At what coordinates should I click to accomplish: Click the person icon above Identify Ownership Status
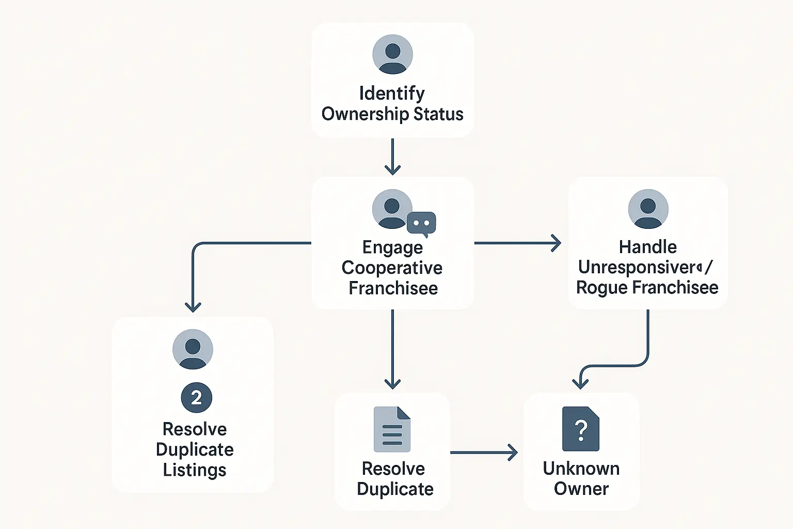click(392, 54)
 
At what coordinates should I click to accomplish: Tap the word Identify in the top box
click(392, 94)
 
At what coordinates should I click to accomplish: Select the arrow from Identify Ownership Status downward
click(392, 157)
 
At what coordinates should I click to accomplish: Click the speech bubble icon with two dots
click(421, 223)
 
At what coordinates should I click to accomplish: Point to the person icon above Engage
click(392, 209)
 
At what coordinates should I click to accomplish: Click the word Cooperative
click(392, 268)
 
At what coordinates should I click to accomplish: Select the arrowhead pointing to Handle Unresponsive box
click(556, 243)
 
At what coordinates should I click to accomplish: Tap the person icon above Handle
click(648, 209)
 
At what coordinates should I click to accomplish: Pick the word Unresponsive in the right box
click(637, 267)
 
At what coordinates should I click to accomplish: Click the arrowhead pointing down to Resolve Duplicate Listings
click(193, 306)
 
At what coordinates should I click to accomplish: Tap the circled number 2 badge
click(196, 398)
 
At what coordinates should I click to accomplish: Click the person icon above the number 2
click(193, 349)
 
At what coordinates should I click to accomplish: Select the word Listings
click(195, 470)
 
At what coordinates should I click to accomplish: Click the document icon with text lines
click(392, 429)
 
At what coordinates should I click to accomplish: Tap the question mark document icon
click(581, 429)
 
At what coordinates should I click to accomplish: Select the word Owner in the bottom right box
click(581, 489)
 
